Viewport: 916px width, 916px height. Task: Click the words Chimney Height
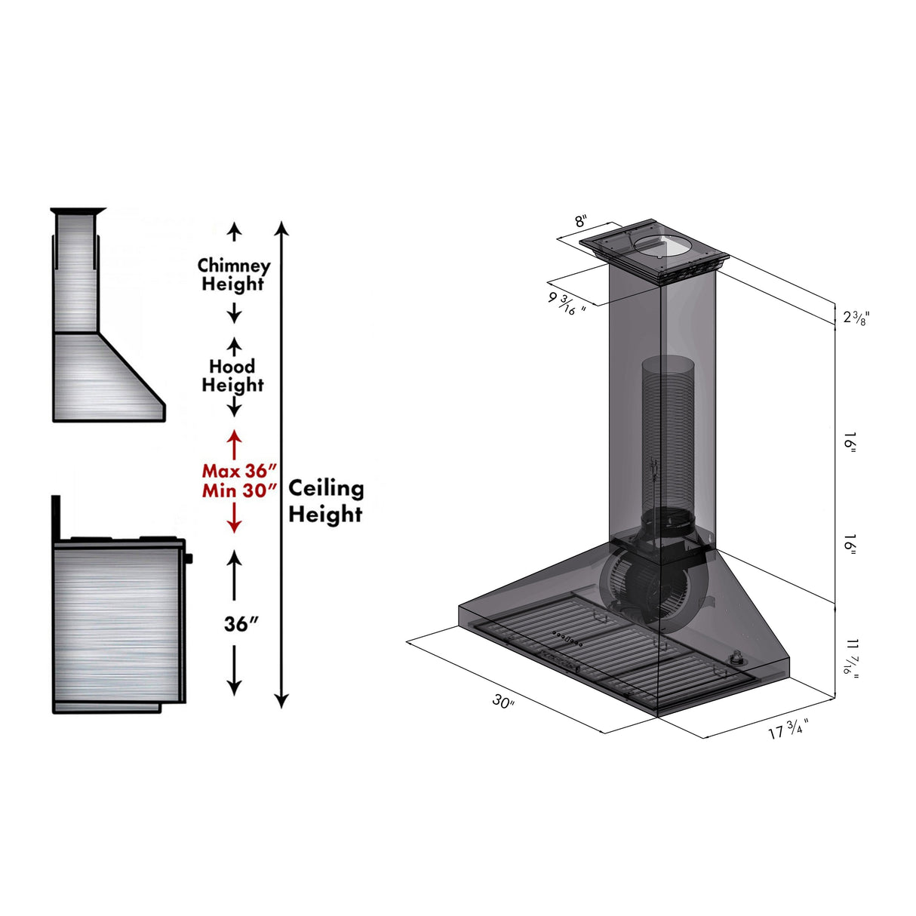[233, 275]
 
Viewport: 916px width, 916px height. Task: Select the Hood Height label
[232, 376]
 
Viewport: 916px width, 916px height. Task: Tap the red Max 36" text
[235, 471]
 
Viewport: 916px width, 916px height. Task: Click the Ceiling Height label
[326, 501]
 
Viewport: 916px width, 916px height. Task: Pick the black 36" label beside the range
[241, 624]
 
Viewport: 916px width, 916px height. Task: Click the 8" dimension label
[580, 222]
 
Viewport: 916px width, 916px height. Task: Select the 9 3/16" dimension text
[567, 303]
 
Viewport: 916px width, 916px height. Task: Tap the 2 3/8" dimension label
[856, 318]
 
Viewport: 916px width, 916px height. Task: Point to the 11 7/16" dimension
[851, 656]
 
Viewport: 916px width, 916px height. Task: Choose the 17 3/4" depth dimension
[788, 729]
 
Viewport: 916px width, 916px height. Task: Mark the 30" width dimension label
[503, 702]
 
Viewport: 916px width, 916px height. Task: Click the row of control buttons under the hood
[567, 638]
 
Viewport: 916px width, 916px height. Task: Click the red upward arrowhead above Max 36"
[235, 436]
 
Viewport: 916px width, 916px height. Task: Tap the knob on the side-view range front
[189, 558]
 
